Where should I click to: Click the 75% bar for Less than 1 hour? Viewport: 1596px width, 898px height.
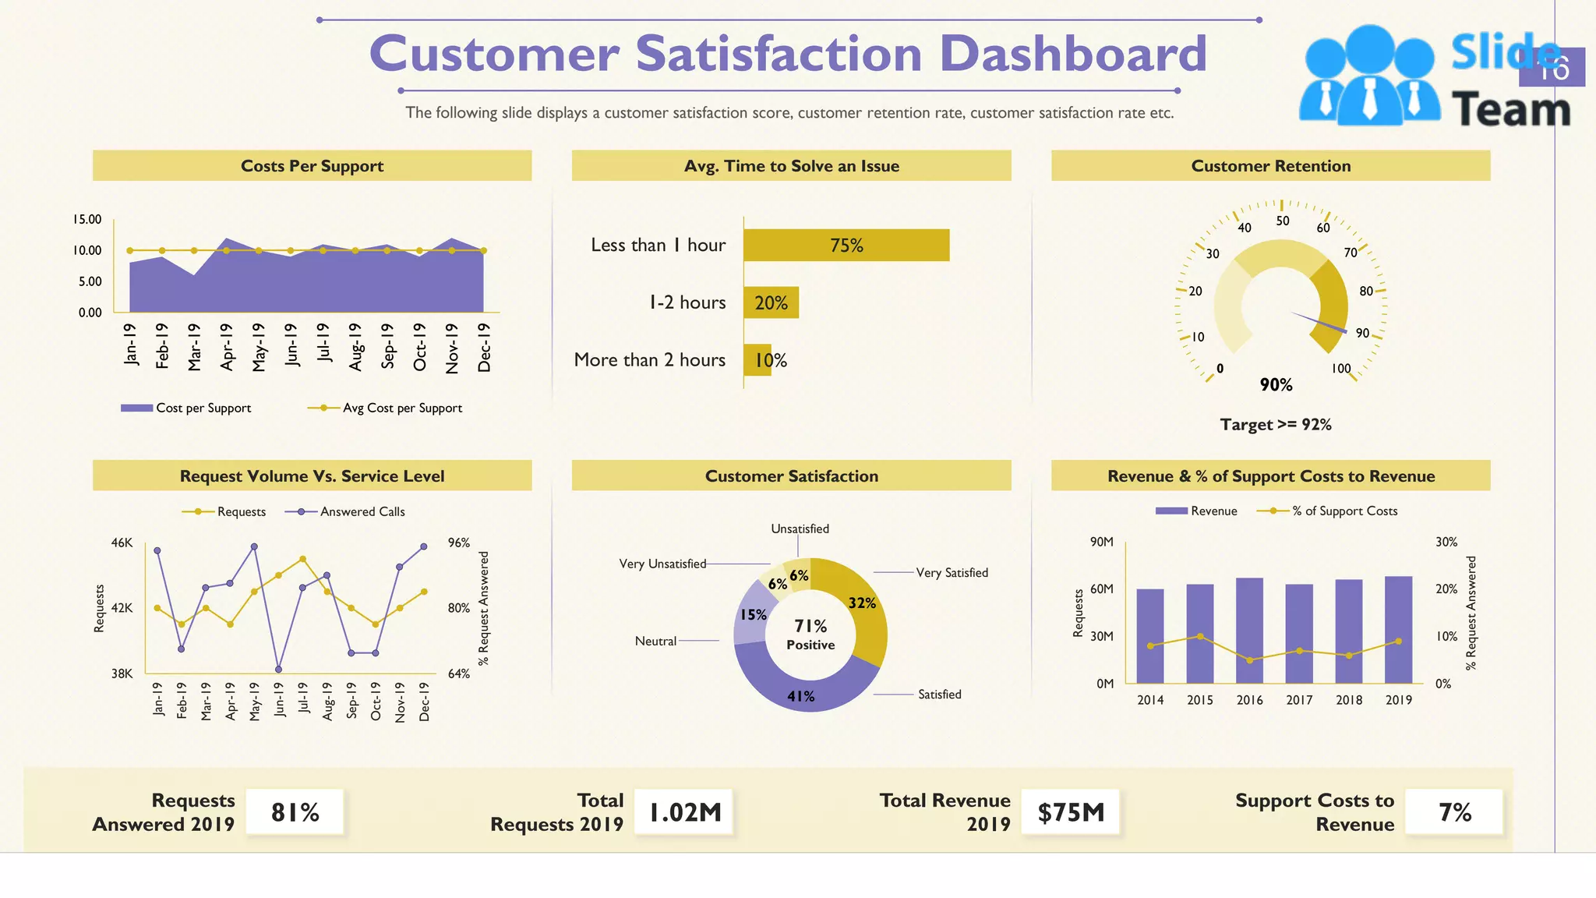pos(846,246)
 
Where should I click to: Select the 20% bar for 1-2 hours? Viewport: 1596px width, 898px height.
pos(771,303)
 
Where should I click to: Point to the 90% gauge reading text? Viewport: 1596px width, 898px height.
pos(1276,385)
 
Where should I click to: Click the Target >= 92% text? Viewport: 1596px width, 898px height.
pos(1276,425)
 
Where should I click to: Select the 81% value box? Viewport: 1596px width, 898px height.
pos(295,812)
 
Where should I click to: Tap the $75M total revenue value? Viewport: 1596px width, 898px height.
pos(1071,812)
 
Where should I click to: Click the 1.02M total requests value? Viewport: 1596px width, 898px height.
pos(685,812)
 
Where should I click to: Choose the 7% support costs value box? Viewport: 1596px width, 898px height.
pos(1454,812)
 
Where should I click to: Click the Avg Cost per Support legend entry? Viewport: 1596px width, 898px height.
pos(386,408)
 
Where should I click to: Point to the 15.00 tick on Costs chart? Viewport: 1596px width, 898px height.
pos(87,220)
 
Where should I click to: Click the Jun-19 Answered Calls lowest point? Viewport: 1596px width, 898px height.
pos(278,669)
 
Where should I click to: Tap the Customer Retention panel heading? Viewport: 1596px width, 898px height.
pos(1270,166)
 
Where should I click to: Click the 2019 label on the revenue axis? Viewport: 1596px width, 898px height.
pos(1398,700)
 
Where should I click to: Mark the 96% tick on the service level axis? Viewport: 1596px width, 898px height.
pos(459,543)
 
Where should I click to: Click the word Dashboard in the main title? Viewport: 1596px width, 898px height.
pos(1073,54)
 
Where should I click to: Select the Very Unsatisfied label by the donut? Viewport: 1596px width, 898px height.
pos(662,564)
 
